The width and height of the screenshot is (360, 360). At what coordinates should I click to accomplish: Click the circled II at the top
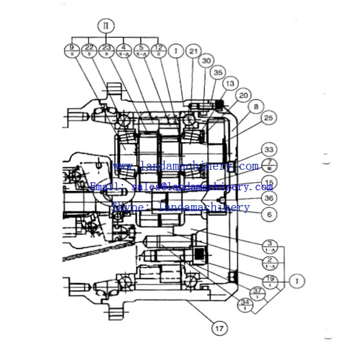[106, 26]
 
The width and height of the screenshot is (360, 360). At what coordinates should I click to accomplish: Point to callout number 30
[207, 61]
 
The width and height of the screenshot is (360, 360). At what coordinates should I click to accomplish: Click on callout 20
[243, 95]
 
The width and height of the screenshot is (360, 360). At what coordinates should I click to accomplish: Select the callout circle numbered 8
[256, 106]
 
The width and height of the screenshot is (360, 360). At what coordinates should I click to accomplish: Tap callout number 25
[268, 118]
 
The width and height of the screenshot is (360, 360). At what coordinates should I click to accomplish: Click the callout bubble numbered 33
[269, 150]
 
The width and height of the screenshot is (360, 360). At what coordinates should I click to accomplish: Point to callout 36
[269, 198]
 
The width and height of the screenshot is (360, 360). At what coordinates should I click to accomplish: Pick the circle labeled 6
[269, 214]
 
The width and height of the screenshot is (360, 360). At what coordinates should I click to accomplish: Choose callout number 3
[269, 245]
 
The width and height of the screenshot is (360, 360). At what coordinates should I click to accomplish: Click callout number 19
[269, 279]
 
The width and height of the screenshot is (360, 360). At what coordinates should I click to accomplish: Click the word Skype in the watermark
[124, 207]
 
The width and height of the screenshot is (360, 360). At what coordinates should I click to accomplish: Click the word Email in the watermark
[103, 187]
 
